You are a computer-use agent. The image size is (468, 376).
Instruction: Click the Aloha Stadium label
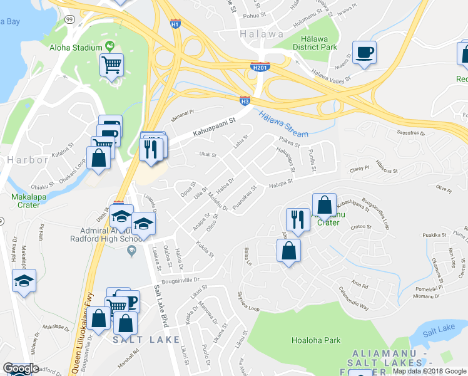click(78, 48)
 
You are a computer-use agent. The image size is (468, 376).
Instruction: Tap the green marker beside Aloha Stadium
click(110, 46)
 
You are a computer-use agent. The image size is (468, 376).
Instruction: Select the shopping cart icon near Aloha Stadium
click(111, 65)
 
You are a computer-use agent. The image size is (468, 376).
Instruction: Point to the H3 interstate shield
click(245, 100)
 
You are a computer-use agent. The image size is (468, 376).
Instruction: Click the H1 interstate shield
click(175, 24)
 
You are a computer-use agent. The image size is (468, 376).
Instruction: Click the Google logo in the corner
click(21, 368)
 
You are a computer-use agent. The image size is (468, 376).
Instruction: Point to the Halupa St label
click(282, 183)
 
